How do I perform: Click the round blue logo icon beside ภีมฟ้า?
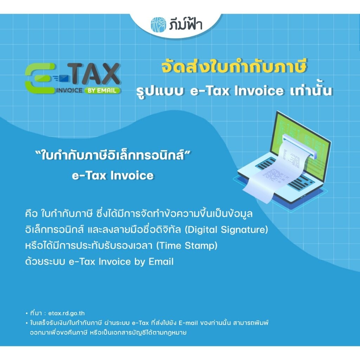coord(159,24)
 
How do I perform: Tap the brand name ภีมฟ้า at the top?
coord(186,24)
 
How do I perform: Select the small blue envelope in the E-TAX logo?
coord(63,78)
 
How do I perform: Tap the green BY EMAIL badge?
coord(102,90)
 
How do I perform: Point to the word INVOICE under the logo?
coord(69,90)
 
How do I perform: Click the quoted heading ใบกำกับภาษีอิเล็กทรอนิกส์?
coord(113,155)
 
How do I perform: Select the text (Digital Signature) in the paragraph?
coord(226,230)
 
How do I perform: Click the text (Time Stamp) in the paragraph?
coord(187,246)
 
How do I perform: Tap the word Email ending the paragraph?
coord(161,262)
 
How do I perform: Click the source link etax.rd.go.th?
coord(66,313)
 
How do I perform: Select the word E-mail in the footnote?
coord(188,323)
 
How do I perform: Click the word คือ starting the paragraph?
coord(31,213)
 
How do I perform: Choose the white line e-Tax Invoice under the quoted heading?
coord(112,175)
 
